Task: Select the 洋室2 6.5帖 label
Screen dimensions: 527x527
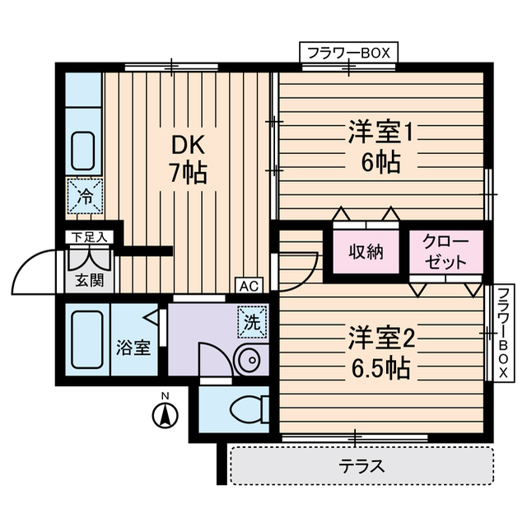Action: click(379, 352)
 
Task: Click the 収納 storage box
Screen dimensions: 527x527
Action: click(365, 253)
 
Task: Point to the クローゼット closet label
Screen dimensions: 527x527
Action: click(445, 252)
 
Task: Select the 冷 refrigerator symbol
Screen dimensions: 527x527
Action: click(84, 197)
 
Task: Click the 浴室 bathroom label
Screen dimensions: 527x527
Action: click(133, 347)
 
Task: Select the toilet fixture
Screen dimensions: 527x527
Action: click(247, 408)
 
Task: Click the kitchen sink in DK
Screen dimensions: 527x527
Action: click(84, 151)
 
